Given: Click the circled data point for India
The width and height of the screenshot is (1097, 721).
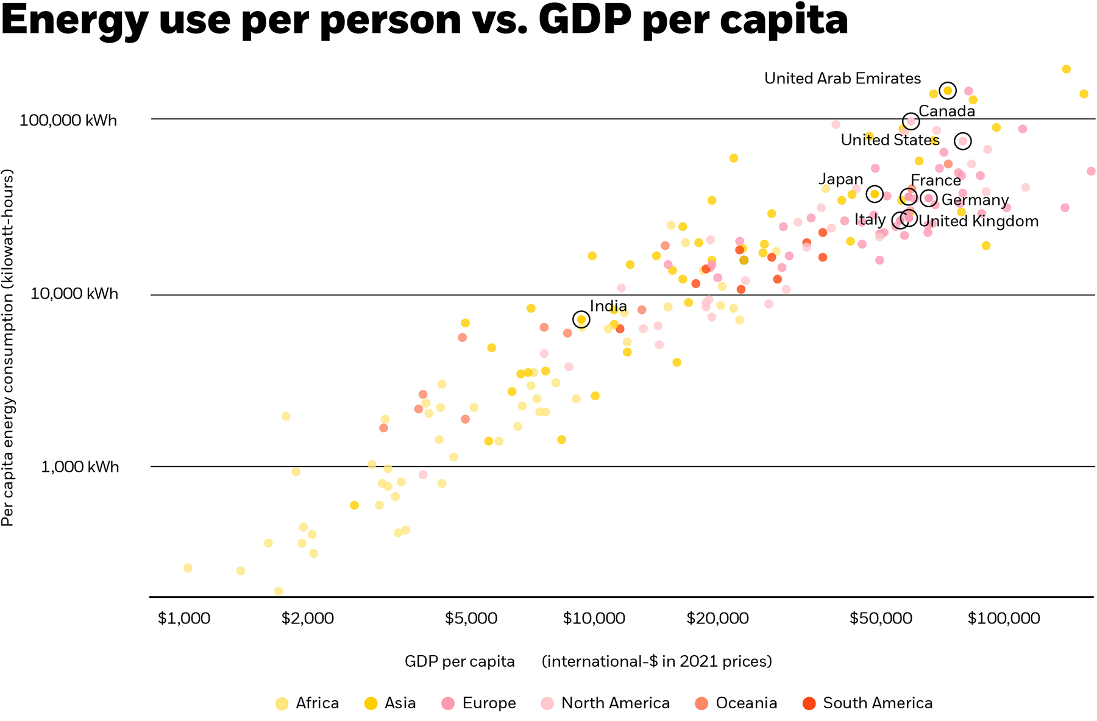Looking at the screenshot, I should [x=581, y=319].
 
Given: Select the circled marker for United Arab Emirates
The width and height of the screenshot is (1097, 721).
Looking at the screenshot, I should [x=948, y=90].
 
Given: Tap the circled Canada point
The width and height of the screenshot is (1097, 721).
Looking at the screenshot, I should [x=911, y=121].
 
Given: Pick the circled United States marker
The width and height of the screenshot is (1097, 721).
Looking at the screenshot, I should [x=962, y=141].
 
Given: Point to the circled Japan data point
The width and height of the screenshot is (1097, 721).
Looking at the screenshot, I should [x=875, y=194].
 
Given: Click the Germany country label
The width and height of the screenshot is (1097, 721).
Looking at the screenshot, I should [x=975, y=200].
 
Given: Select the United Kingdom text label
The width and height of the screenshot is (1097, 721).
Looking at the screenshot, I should [x=978, y=221].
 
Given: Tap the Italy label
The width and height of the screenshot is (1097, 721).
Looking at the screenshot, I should [x=870, y=219].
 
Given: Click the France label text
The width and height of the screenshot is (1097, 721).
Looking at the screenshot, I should [x=935, y=180].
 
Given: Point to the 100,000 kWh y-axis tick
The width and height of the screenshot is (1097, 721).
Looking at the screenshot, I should [x=68, y=120].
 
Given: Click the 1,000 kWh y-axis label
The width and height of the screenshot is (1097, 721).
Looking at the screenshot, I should [x=80, y=467].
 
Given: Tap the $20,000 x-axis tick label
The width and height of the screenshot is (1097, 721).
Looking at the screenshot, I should [x=717, y=618].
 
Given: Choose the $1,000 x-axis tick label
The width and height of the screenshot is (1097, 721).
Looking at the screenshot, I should [x=184, y=618].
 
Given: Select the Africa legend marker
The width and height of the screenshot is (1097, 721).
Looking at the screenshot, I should [x=282, y=703].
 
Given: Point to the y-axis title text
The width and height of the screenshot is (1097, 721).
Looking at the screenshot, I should [x=8, y=347].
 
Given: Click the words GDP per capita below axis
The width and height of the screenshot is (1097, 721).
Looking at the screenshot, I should [x=460, y=661].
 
